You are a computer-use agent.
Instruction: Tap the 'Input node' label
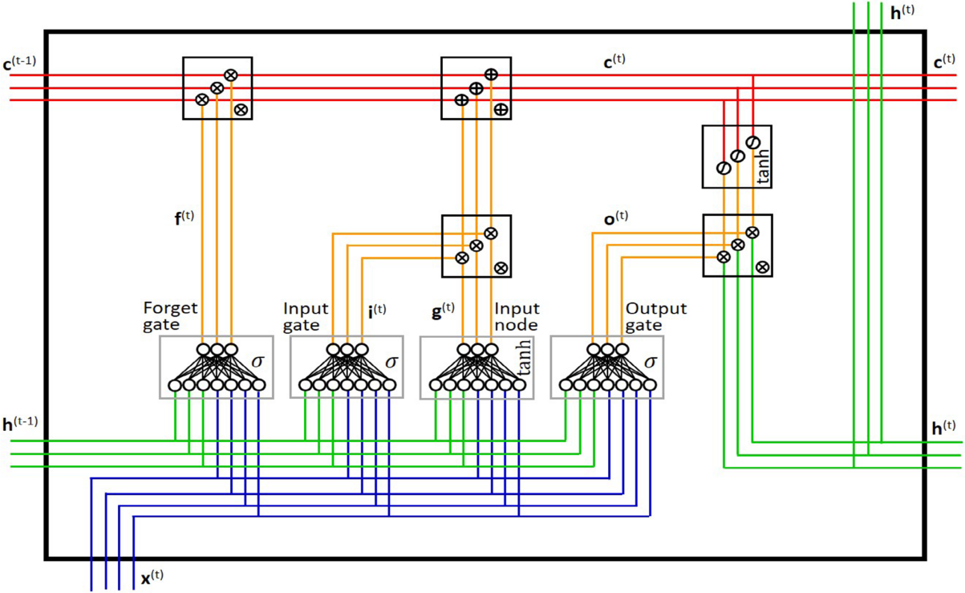[x=517, y=316]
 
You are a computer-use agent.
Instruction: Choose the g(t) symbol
[x=443, y=310]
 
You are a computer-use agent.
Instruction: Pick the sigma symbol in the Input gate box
[x=391, y=360]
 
